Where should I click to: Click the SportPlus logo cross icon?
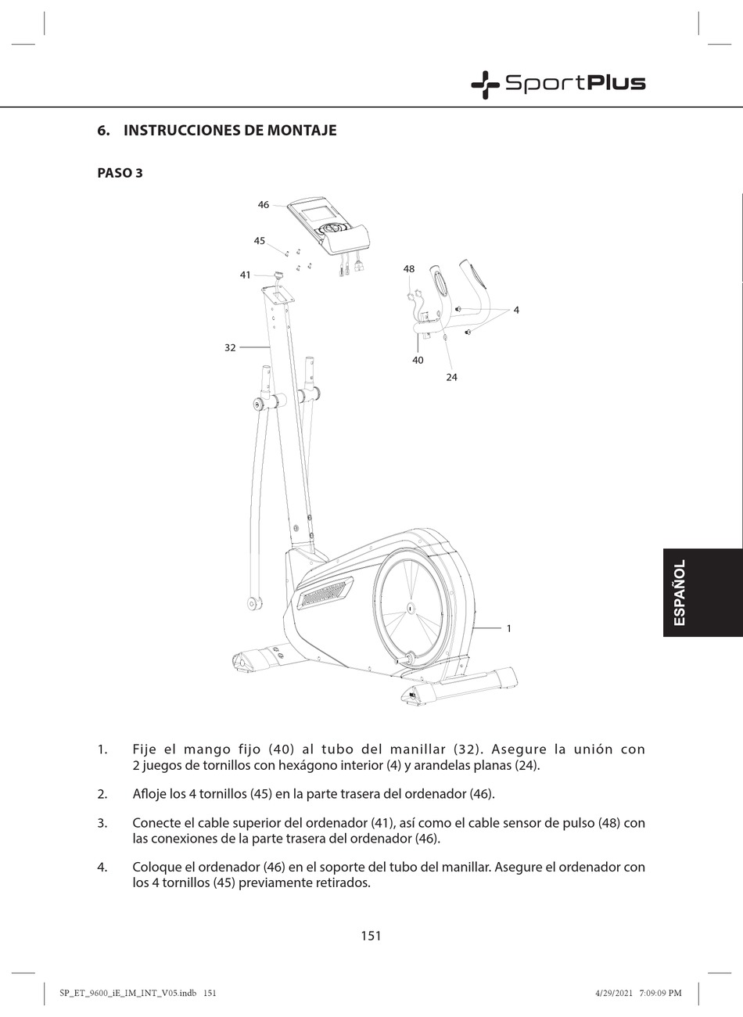tap(485, 84)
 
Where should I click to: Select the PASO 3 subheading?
tap(120, 173)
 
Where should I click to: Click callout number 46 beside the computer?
tap(264, 205)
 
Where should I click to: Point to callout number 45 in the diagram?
tap(260, 241)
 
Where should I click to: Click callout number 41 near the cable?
tap(246, 275)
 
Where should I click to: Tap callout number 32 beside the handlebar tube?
tap(230, 347)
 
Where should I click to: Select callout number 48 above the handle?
tap(409, 269)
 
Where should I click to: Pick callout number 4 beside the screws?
tap(516, 311)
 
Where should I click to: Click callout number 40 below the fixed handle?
tap(418, 361)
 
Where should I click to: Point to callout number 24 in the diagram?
tap(451, 377)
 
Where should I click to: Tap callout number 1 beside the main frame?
tap(509, 628)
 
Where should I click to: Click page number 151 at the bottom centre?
tap(371, 936)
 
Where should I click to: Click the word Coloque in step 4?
tap(157, 868)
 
